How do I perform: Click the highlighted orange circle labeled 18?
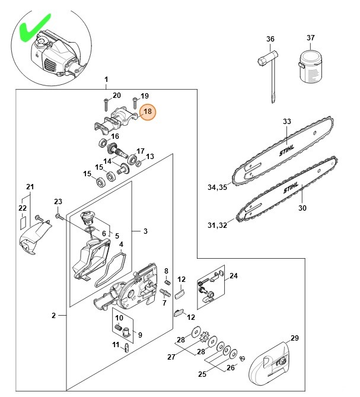point(147,111)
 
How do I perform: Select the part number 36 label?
point(270,39)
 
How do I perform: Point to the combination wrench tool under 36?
point(270,74)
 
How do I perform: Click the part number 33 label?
point(287,122)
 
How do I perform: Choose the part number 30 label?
point(302,208)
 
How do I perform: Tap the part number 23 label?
point(58,202)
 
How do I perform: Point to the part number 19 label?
point(145,96)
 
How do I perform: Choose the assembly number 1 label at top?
point(106,79)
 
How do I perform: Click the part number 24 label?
point(233,276)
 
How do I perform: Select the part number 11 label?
point(116,344)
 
